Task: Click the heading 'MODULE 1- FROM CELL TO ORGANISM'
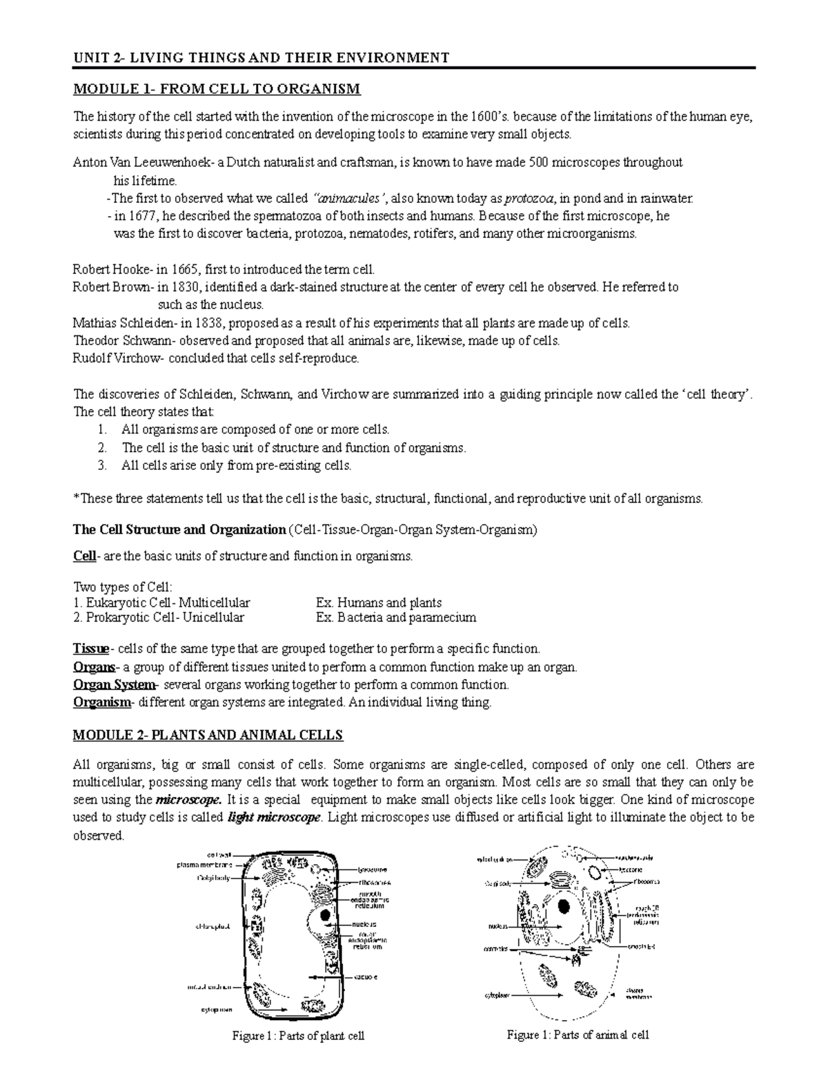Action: click(217, 89)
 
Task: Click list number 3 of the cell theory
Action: click(102, 465)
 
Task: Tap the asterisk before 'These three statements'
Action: click(75, 498)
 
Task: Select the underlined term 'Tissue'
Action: click(90, 649)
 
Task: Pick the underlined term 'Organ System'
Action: click(114, 685)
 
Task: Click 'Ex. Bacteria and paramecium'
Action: click(395, 618)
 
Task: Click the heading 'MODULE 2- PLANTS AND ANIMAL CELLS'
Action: click(208, 735)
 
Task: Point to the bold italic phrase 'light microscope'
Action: click(274, 818)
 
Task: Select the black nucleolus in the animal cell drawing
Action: click(564, 906)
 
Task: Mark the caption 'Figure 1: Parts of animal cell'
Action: click(578, 1034)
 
